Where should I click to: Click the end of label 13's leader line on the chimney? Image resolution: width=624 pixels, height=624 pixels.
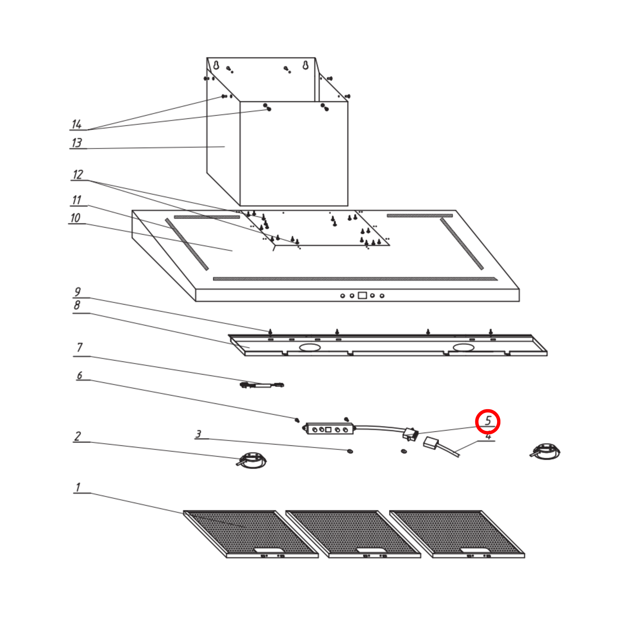pos(225,147)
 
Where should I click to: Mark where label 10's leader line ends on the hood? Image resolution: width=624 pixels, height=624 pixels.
pos(232,251)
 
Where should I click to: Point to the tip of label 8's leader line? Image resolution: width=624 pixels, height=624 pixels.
pos(249,348)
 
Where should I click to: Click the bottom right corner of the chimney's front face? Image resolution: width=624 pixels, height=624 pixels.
pos(348,206)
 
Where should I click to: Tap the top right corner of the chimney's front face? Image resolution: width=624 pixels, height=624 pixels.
pos(348,102)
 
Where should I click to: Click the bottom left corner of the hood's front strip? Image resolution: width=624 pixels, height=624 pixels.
pos(196,301)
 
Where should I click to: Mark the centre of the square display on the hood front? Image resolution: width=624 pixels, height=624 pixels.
pos(362,295)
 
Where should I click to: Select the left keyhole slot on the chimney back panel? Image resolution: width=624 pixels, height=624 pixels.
pos(216,65)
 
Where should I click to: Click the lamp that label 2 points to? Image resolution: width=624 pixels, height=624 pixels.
pos(253,460)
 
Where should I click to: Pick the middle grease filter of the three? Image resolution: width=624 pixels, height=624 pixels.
pos(353,534)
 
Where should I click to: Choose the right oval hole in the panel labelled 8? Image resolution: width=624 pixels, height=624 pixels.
pos(463,348)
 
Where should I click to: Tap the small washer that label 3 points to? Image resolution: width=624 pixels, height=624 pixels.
pos(350,451)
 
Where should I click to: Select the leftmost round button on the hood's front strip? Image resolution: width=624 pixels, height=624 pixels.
pos(343,296)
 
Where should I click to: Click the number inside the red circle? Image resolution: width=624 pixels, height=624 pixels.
pos(488,420)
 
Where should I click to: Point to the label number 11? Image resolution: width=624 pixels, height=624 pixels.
pos(77,200)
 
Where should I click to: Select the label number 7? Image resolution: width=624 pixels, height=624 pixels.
pos(80,347)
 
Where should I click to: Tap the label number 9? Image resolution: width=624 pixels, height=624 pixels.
pos(78,292)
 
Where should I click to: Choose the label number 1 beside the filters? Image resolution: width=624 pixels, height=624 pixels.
pos(78,487)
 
